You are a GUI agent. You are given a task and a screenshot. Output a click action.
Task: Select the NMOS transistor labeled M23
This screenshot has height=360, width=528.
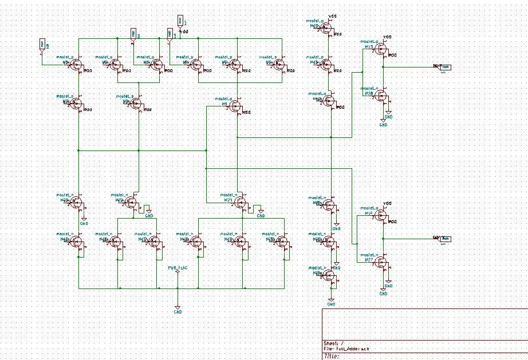point(242,201)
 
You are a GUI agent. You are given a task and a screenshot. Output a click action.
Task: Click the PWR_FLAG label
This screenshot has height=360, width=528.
point(178,267)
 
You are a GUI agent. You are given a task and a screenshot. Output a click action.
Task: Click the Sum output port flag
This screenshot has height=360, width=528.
point(445,67)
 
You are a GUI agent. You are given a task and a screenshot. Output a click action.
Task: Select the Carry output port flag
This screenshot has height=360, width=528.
point(445,238)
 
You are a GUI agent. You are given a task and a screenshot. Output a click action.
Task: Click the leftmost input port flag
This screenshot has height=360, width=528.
point(42,43)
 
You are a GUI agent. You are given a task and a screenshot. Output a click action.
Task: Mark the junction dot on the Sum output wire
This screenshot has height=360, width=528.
point(383,67)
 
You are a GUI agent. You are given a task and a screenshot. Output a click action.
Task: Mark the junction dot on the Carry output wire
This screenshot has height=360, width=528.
point(383,238)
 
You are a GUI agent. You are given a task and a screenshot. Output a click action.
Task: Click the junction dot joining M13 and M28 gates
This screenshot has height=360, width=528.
point(362,72)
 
